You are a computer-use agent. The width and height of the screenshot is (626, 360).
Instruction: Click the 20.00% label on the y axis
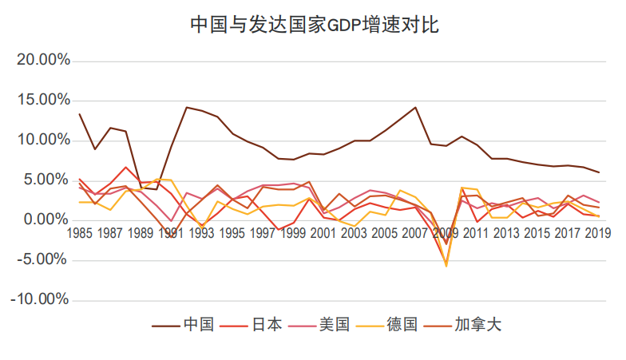pos(43,61)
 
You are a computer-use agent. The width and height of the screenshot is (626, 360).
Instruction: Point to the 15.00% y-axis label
pos(43,101)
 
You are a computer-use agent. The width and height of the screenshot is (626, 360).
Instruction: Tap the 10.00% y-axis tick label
pos(43,140)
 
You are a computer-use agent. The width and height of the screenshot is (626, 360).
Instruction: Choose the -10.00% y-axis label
pos(41,300)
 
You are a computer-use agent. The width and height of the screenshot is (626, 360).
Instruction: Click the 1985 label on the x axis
pos(79,233)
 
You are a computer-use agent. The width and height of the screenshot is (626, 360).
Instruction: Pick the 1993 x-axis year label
pos(201,233)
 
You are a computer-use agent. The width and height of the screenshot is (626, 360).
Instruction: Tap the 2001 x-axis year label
pos(323,233)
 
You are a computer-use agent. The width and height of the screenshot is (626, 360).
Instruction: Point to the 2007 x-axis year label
pos(415,233)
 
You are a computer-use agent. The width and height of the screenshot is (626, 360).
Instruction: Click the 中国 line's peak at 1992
pos(186,107)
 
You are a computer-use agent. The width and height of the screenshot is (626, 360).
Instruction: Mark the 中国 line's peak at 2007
pos(415,107)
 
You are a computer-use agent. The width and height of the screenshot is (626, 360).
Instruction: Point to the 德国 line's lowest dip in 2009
pos(446,266)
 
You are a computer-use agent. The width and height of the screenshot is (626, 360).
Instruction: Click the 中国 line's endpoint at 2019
pos(599,172)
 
